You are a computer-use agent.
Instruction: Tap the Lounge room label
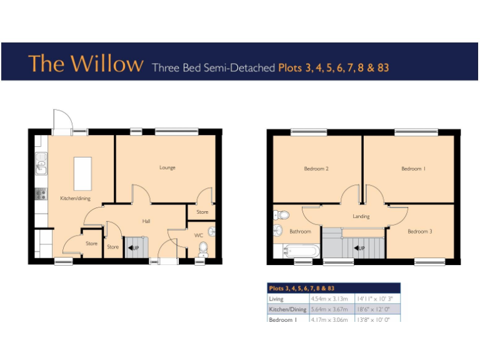pos(167,167)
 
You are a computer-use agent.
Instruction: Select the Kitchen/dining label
pos(75,198)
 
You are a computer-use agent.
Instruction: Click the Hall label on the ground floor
pos(146,221)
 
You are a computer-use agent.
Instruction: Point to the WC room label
pos(199,236)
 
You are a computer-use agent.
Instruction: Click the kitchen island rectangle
pos(82,172)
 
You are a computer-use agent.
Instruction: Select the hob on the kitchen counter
pos(41,193)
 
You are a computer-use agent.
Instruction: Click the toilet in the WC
pos(202,251)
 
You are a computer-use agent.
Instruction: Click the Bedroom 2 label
pos(316,169)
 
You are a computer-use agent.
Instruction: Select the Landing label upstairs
pos(361,216)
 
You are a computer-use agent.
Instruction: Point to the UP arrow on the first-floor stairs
pos(359,248)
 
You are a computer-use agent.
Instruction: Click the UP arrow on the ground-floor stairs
pos(133,248)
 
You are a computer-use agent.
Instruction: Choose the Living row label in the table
pos(276,299)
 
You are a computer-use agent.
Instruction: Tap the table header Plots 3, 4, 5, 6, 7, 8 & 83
pos(302,289)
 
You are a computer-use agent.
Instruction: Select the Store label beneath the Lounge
pos(202,212)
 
